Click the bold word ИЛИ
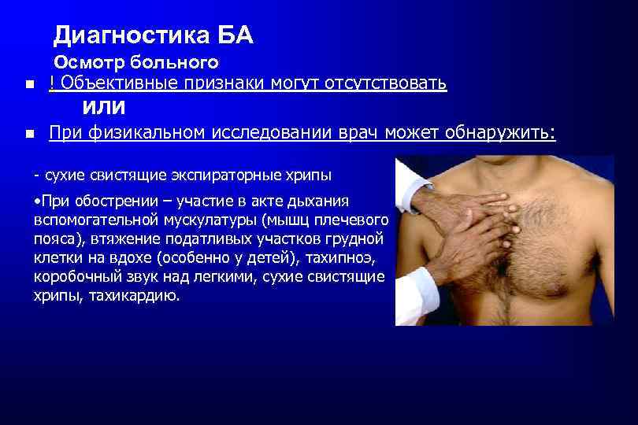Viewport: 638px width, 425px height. pyautogui.click(x=104, y=106)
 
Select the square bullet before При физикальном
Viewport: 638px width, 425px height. pyautogui.click(x=29, y=135)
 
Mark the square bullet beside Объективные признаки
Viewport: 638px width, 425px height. pyautogui.click(x=29, y=85)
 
